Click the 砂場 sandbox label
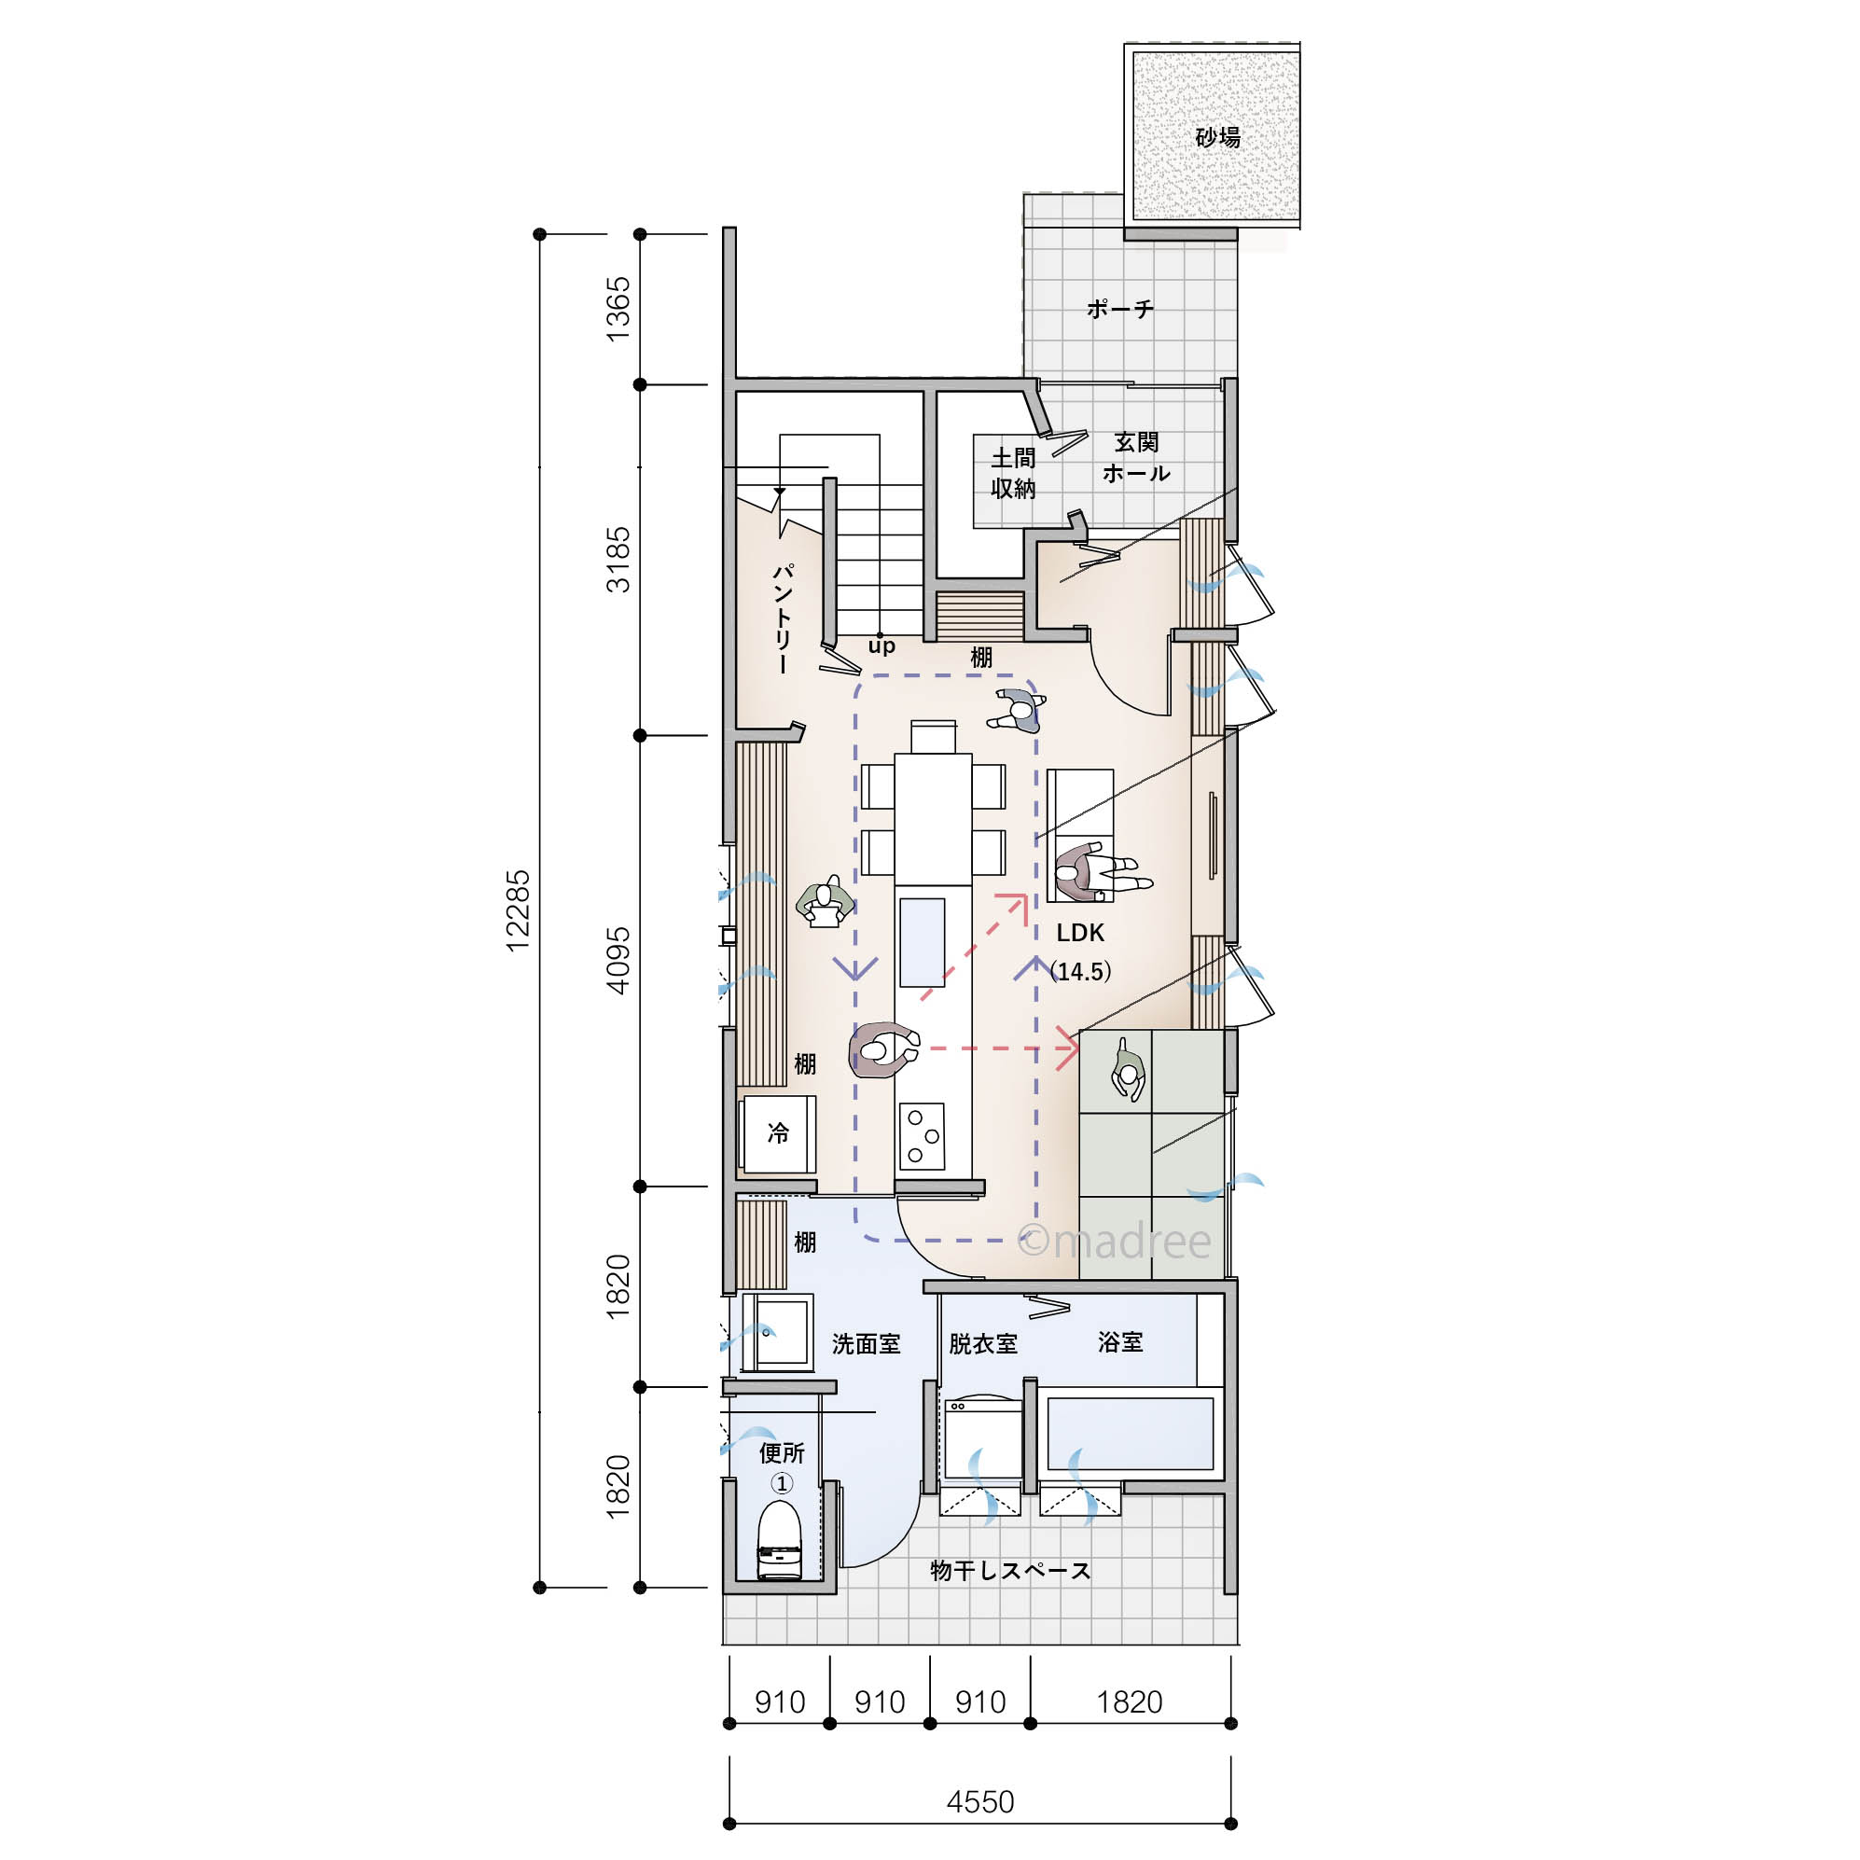click(x=1218, y=137)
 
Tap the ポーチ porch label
click(x=1119, y=308)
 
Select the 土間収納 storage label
click(x=1014, y=473)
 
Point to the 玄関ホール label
click(x=1136, y=457)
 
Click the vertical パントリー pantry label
click(x=782, y=618)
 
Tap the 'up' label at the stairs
click(x=881, y=646)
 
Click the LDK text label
click(x=1080, y=932)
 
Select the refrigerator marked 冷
click(x=778, y=1133)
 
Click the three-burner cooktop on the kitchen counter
click(x=922, y=1137)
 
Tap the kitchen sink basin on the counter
click(x=922, y=941)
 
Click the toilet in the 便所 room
click(x=779, y=1539)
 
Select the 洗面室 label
click(x=866, y=1344)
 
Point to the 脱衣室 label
click(x=983, y=1344)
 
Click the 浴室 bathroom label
click(x=1119, y=1342)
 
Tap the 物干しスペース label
click(x=1010, y=1571)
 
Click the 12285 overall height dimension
click(x=518, y=910)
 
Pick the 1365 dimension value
click(x=618, y=308)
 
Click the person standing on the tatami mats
click(x=1128, y=1070)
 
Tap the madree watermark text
click(x=1115, y=1240)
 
